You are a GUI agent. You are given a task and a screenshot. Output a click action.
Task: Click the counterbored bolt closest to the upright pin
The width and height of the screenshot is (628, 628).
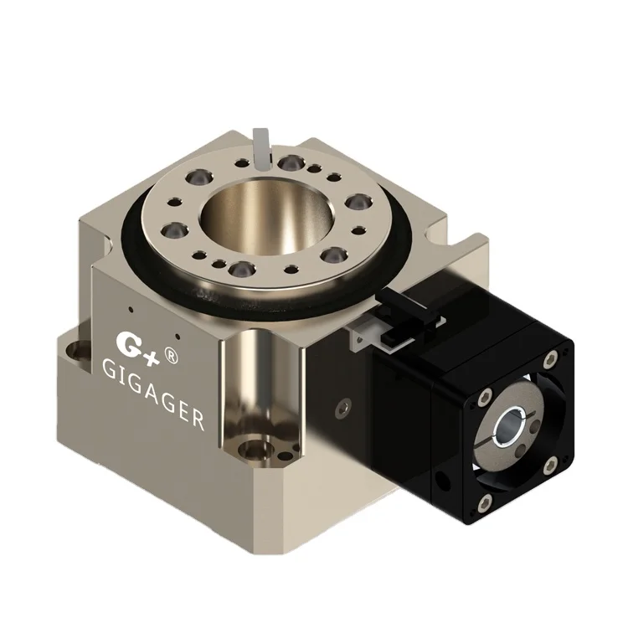tap(290, 162)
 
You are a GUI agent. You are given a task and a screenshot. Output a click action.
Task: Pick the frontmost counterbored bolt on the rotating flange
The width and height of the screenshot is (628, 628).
tap(239, 269)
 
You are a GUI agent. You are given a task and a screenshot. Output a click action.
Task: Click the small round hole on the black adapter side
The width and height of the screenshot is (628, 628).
tap(442, 484)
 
